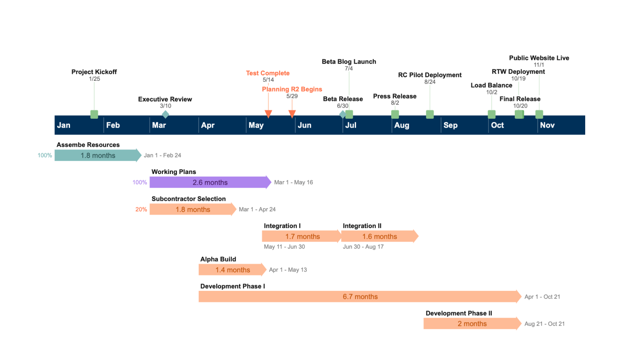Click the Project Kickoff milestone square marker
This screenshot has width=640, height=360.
click(x=94, y=114)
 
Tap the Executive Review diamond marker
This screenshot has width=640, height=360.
click(x=165, y=114)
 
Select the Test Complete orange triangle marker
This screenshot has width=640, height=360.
click(x=268, y=114)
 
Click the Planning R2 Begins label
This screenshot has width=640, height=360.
click(x=292, y=89)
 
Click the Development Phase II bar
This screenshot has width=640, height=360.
click(x=472, y=324)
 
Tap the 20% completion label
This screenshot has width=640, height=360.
click(x=141, y=209)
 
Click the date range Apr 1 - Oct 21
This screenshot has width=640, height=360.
click(x=542, y=297)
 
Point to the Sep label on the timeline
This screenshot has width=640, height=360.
click(x=450, y=125)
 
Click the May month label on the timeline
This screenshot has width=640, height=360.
click(x=256, y=125)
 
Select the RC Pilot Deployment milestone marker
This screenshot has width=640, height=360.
click(x=430, y=114)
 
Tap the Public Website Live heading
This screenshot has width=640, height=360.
click(x=539, y=58)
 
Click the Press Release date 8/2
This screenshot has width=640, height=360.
click(x=395, y=103)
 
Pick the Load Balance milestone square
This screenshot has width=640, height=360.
click(x=492, y=114)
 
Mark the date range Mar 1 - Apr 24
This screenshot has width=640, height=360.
click(x=257, y=209)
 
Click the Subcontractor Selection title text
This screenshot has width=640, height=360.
click(x=188, y=199)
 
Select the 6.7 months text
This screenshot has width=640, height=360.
click(x=360, y=297)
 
